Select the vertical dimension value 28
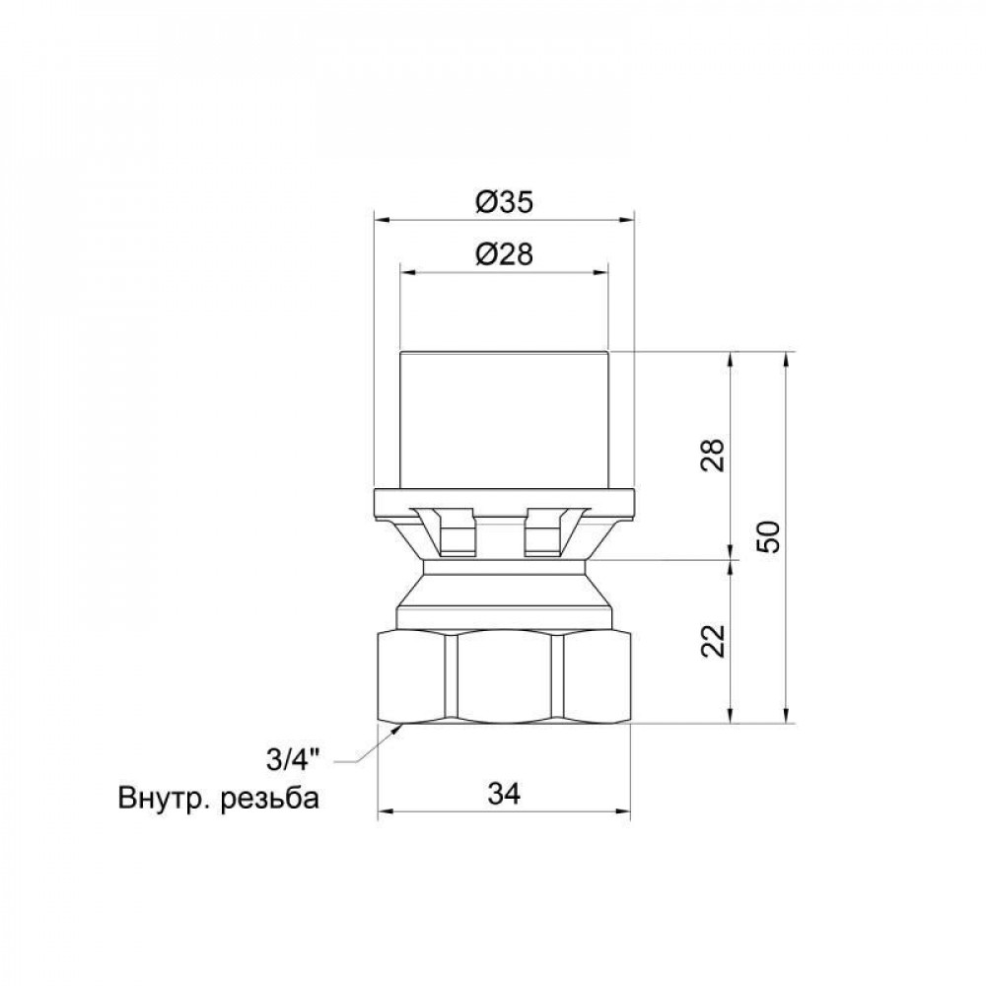point(717,455)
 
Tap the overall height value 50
point(772,536)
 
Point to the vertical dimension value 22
point(717,641)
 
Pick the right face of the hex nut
point(590,678)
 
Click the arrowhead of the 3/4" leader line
point(398,728)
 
